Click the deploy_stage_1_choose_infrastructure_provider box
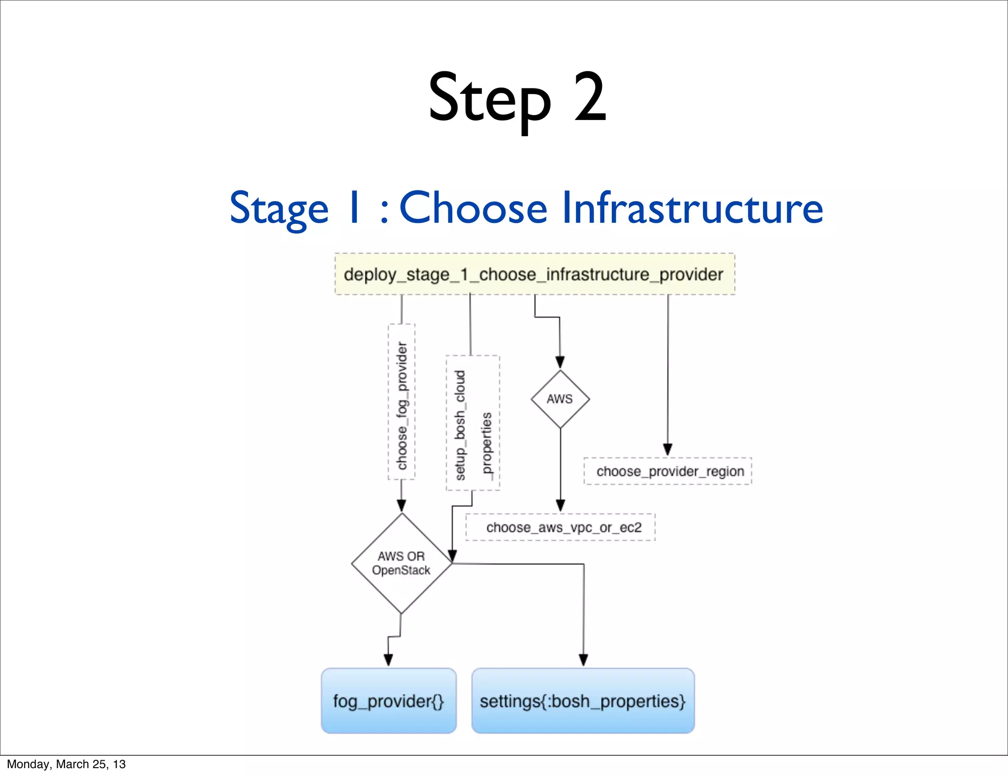point(535,274)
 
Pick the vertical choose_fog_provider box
point(402,402)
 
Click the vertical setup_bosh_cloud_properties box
point(472,423)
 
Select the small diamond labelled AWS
point(560,399)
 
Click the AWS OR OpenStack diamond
point(402,564)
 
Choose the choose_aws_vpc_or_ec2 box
point(561,527)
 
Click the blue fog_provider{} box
point(389,701)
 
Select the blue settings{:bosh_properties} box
point(583,701)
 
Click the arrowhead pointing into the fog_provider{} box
point(388,660)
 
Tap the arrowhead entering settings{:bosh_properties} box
point(583,660)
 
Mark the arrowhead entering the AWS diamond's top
point(560,362)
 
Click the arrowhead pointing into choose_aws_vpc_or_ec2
point(560,506)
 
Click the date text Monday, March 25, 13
point(66,764)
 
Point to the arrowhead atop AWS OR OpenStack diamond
point(402,506)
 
